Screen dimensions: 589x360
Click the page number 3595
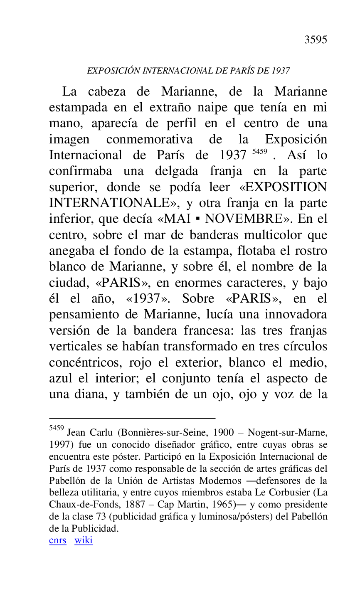[x=316, y=39]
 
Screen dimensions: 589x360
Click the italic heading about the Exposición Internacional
[x=188, y=71]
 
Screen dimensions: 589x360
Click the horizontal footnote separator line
[x=132, y=418]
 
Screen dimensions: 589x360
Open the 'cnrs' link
[x=57, y=540]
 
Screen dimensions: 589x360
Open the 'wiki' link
[x=84, y=540]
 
